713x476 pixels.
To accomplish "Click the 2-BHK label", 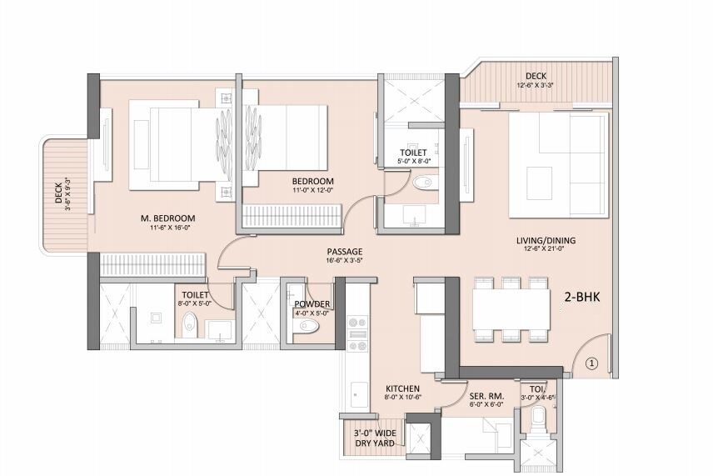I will tap(582, 297).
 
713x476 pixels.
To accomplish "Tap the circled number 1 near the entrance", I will tap(591, 363).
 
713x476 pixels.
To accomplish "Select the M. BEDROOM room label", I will tap(172, 219).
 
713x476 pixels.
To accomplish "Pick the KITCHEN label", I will tap(401, 389).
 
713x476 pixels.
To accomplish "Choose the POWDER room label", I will tap(312, 304).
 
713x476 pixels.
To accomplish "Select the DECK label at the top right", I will tap(536, 76).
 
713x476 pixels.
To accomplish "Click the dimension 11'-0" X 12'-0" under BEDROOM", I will tap(312, 191).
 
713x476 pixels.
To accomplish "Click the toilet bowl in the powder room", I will tap(308, 326).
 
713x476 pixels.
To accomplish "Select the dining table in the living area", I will tap(511, 309).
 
